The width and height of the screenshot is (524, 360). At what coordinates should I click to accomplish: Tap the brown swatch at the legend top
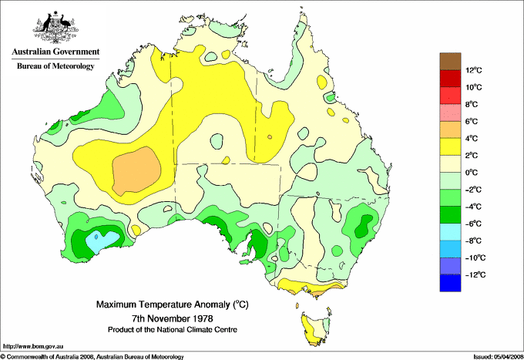pyautogui.click(x=450, y=61)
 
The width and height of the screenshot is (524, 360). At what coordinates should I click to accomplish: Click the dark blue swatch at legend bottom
pyautogui.click(x=450, y=283)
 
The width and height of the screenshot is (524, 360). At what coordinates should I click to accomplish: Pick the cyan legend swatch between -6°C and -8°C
pyautogui.click(x=450, y=232)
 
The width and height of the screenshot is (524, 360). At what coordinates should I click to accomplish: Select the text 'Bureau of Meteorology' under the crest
pyautogui.click(x=55, y=66)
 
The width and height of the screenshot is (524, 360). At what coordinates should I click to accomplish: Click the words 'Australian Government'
pyautogui.click(x=54, y=52)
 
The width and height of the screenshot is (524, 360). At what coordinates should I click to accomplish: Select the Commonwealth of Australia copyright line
pyautogui.click(x=92, y=356)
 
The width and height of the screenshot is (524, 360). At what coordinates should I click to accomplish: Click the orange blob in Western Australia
pyautogui.click(x=137, y=173)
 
